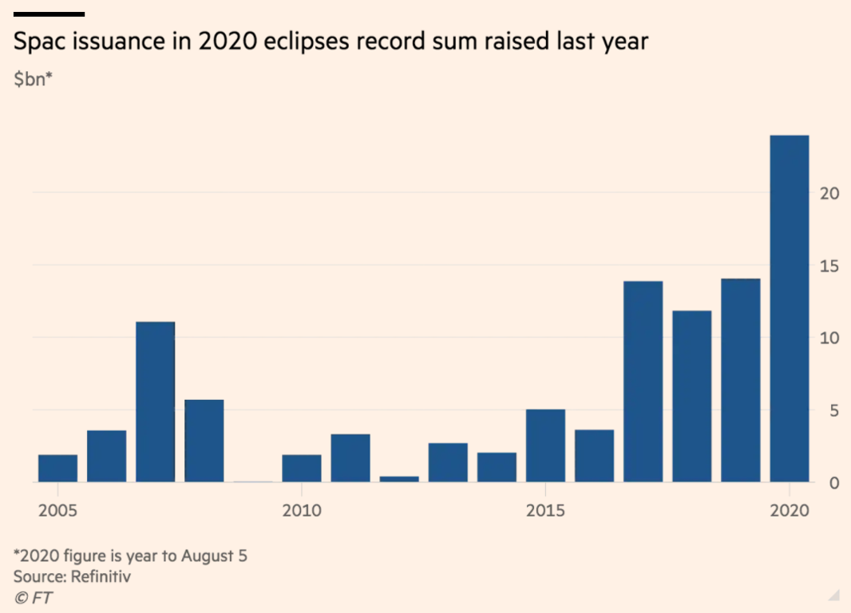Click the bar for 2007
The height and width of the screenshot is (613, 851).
(x=155, y=402)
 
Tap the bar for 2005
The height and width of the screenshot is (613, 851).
(x=57, y=469)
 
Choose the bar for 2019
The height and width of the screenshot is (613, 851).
(x=740, y=381)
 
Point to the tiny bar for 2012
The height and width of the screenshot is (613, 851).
(x=399, y=479)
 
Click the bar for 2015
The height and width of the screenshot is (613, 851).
(x=545, y=446)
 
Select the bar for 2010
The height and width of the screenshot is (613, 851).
(x=302, y=469)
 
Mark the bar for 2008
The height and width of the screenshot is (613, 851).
(x=204, y=441)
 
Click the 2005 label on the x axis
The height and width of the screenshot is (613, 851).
(x=57, y=510)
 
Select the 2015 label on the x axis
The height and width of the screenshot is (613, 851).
(x=545, y=510)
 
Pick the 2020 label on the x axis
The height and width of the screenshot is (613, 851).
(x=789, y=510)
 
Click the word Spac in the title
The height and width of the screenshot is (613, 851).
(x=39, y=42)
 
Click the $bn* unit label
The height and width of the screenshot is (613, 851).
(x=33, y=80)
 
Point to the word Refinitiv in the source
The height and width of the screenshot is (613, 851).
(x=101, y=576)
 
